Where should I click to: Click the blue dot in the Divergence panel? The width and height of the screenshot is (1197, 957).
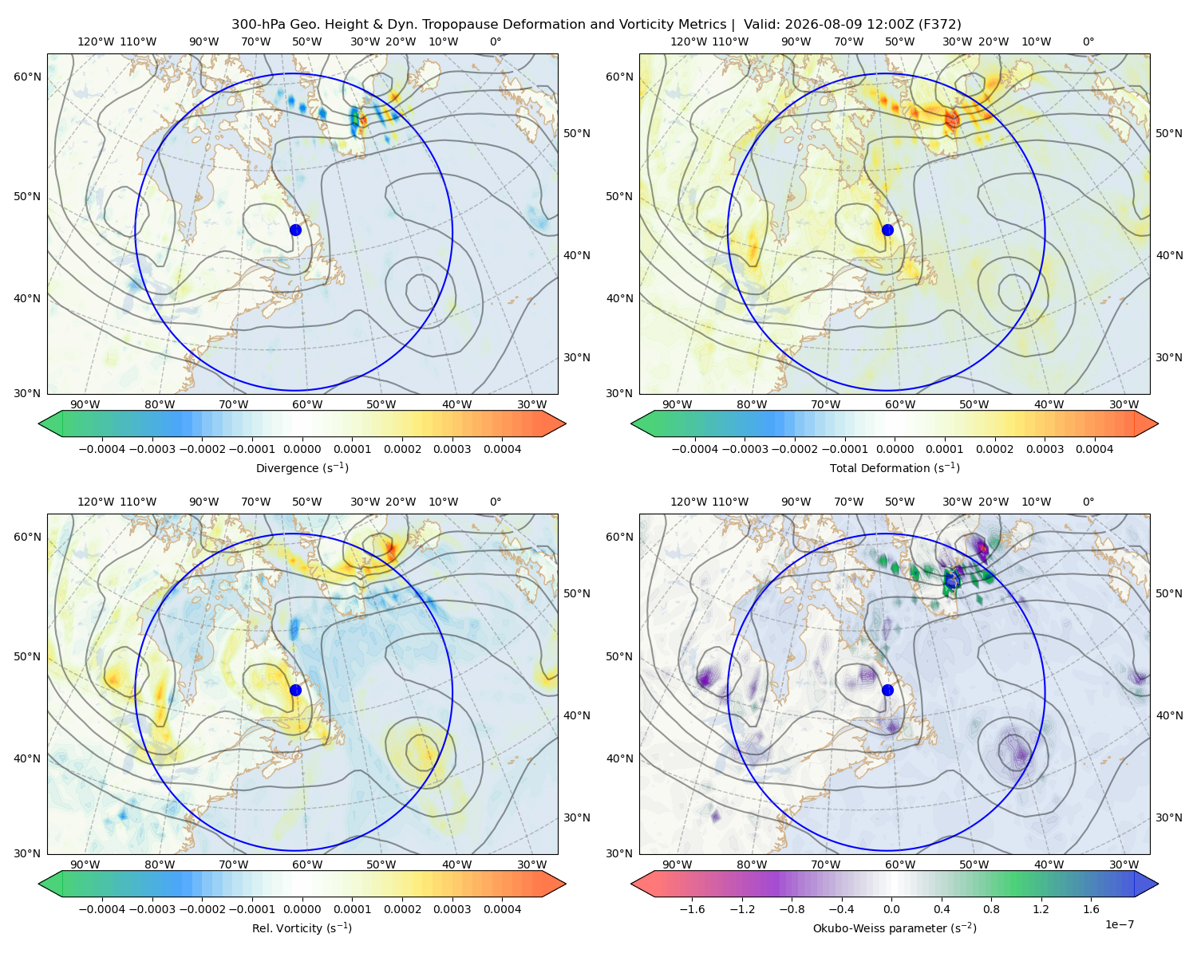point(295,230)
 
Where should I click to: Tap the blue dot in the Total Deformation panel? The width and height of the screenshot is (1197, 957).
point(887,230)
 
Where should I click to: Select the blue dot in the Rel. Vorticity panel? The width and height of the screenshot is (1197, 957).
point(295,690)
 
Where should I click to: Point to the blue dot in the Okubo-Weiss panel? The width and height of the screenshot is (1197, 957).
point(887,690)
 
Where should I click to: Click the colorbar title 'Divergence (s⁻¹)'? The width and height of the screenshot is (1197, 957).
point(302,468)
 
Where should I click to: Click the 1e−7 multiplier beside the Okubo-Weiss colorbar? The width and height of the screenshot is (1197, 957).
point(1119,924)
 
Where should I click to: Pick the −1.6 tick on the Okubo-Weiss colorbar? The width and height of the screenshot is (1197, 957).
point(692,909)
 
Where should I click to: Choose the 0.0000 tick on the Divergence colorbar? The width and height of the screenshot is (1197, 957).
point(302,449)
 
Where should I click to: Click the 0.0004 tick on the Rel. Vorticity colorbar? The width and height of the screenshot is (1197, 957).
point(502,909)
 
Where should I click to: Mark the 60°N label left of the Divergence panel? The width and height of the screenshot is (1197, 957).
point(27,77)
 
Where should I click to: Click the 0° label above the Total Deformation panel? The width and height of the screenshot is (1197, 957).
point(1088,41)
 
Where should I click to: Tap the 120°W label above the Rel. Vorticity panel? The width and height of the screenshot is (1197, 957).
point(96,502)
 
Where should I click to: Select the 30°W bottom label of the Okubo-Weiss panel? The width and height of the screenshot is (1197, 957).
point(1124,864)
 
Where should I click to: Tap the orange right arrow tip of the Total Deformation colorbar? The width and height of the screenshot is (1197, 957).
point(1158,423)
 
